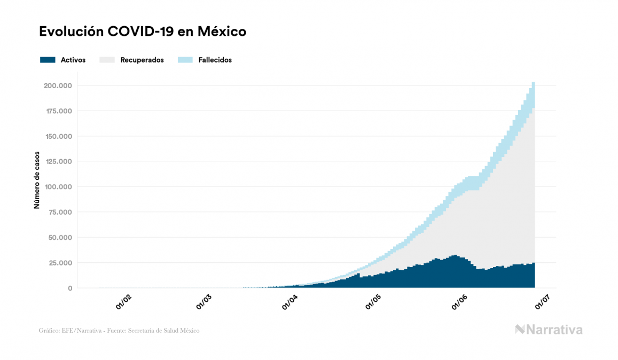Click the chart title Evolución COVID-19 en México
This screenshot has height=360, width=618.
143,32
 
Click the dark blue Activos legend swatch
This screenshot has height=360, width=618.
48,60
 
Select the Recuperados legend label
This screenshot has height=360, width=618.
142,60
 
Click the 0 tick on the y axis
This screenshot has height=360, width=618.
70,288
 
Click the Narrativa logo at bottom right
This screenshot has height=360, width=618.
549,330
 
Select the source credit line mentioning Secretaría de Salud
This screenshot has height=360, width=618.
119,331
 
